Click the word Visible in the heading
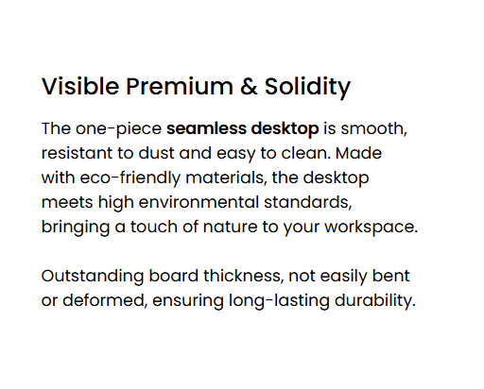(80, 86)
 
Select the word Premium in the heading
(180, 86)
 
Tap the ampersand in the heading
(249, 86)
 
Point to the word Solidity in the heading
(307, 88)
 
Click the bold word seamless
(206, 128)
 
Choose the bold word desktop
(285, 129)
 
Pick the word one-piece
(118, 129)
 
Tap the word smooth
(374, 129)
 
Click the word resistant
(77, 153)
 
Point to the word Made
(358, 153)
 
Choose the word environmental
(199, 202)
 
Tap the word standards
(308, 203)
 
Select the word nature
(230, 227)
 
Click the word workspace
(372, 228)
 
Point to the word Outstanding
(93, 277)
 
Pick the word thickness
(243, 276)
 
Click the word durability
(375, 301)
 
